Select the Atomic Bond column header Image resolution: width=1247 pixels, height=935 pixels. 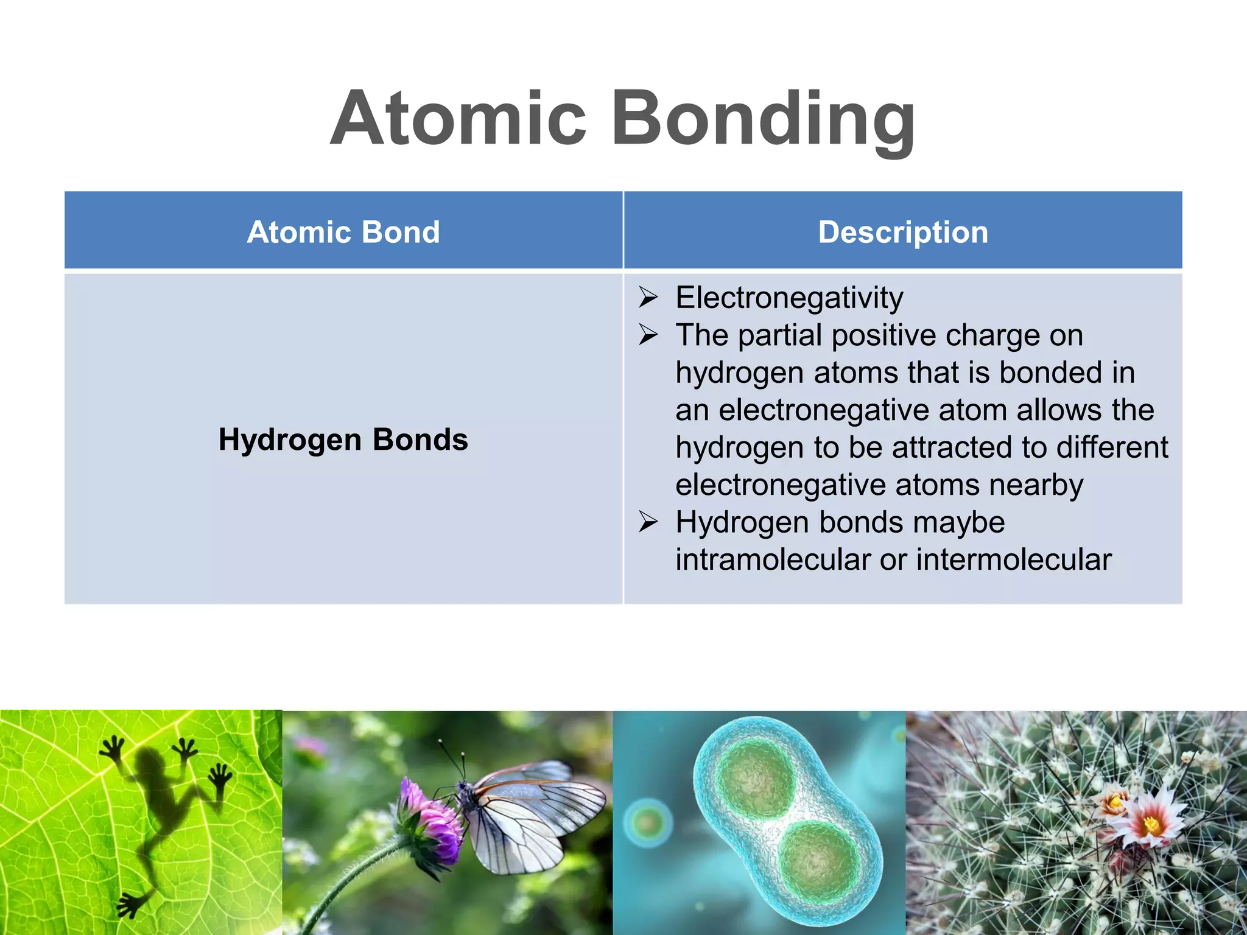click(343, 232)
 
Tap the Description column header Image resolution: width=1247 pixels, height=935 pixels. click(903, 232)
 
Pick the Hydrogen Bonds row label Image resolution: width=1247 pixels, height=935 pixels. click(343, 439)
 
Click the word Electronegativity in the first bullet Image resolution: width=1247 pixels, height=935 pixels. click(789, 298)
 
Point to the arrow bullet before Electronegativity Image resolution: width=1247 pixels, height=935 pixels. click(648, 298)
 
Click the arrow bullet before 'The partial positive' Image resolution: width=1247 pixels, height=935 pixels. click(648, 335)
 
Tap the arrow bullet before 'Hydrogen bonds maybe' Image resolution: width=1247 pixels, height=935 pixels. click(648, 522)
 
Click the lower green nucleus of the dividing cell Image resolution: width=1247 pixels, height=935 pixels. click(819, 861)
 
